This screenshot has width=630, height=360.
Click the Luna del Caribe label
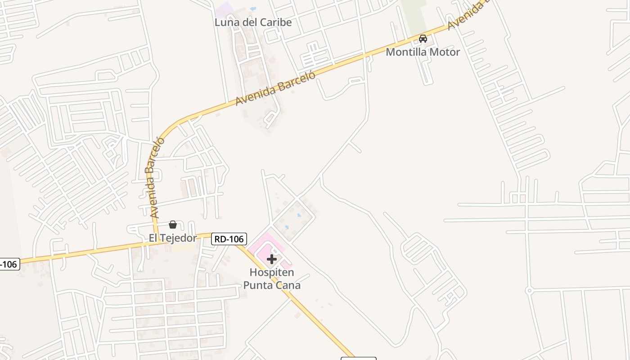253,22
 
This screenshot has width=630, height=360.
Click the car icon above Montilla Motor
423,39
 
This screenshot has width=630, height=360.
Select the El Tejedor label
173,238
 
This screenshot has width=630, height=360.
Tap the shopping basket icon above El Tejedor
172,225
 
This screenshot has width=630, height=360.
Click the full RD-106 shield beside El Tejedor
229,239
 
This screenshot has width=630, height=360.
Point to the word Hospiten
272,273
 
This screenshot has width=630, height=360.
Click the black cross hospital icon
271,259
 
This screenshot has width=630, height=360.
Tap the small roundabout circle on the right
529,291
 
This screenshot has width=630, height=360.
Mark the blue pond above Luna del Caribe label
252,8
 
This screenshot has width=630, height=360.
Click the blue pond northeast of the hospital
298,215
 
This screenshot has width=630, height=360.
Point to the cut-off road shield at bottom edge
358,358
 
